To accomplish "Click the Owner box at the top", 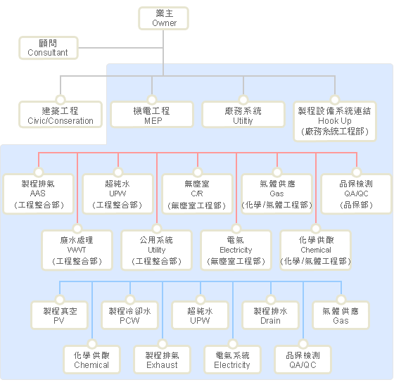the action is coord(163,18).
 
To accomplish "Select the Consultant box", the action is coord(49,48).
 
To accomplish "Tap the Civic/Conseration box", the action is coord(61,114).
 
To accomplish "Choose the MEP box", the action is coord(152,114).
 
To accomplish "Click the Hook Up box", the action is coord(335,121).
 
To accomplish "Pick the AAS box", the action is coord(39,194).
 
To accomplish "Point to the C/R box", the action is coord(198,194).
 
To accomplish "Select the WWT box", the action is coord(77,250).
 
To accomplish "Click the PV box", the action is coord(60,315).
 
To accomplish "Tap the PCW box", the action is coord(130,315).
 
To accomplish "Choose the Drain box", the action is coord(271,315).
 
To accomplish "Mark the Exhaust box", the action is coord(163,360).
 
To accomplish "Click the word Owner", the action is coord(165,23).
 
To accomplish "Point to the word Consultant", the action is coord(48,53).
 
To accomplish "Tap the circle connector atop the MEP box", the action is coord(152,100).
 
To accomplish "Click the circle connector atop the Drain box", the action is coord(271,300).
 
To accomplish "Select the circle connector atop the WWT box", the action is coord(77,229).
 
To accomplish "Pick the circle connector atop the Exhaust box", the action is coord(163,344).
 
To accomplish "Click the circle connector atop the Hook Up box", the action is coord(335,100).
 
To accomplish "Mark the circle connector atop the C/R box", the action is coord(198,172).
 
